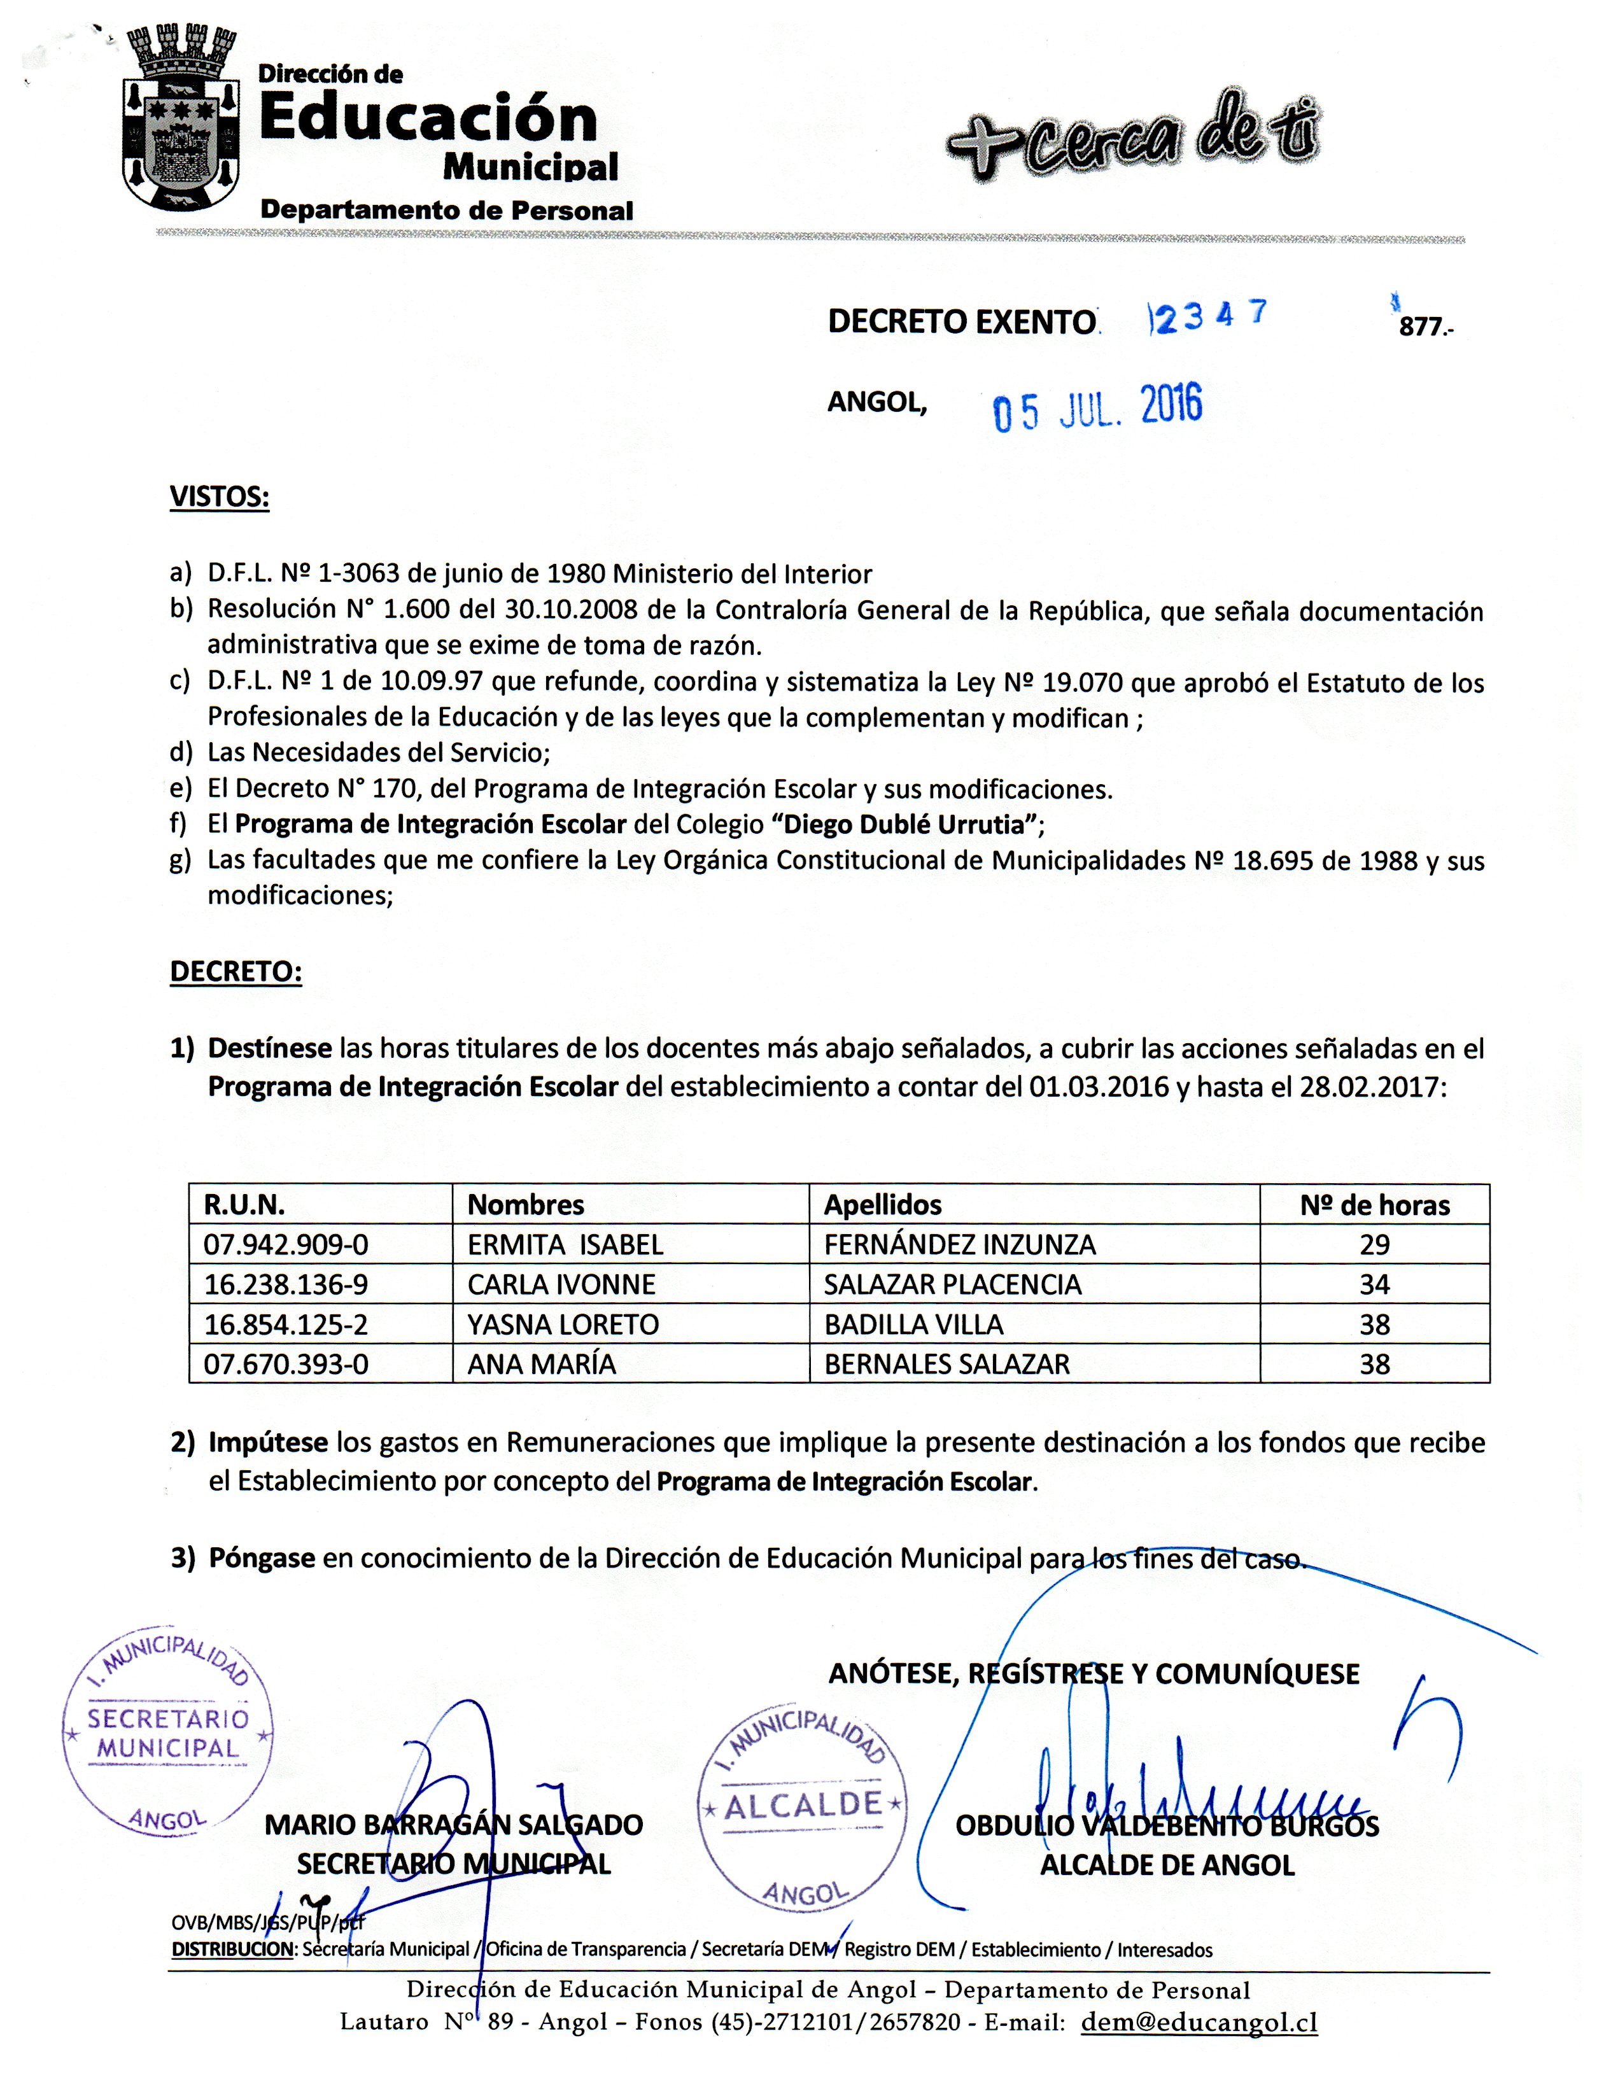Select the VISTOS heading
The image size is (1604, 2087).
[x=219, y=498]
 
